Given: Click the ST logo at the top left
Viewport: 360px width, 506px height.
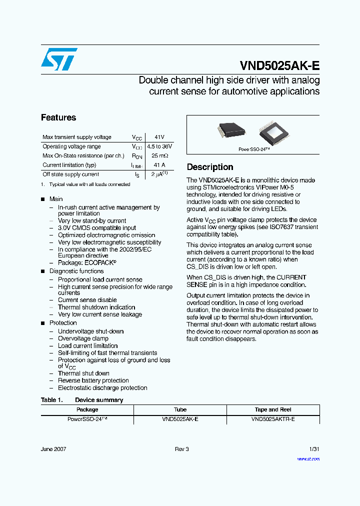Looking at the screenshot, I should [x=59, y=59].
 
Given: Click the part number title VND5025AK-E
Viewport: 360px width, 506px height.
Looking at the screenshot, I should [x=279, y=66].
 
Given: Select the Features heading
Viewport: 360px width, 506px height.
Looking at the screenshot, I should [x=58, y=118].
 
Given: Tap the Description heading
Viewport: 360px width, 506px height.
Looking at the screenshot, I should [x=210, y=167].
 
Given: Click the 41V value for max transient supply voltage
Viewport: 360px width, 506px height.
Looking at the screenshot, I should [x=159, y=137].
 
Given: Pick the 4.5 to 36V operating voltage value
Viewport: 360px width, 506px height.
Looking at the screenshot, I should [x=159, y=146].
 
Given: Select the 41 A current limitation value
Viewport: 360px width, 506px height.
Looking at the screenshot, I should [x=159, y=165].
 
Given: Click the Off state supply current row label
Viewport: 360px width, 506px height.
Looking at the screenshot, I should [x=70, y=174].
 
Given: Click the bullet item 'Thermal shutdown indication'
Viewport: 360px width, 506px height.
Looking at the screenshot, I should [x=96, y=307].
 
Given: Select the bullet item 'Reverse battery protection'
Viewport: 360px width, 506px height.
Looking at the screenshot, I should [x=93, y=380].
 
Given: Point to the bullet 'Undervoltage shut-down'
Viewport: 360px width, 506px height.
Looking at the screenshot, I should [x=90, y=331].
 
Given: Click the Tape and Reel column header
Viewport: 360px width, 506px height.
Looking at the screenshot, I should [x=273, y=409].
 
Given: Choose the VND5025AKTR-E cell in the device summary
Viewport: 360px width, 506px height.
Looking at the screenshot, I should [x=273, y=419].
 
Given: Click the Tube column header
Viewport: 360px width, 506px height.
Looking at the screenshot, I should [x=180, y=409].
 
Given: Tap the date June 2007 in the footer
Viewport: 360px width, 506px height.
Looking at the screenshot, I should [x=53, y=449].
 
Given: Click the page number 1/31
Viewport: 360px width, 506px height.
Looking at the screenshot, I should [x=314, y=449].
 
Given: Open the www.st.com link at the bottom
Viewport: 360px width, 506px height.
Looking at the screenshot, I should [x=308, y=458].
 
